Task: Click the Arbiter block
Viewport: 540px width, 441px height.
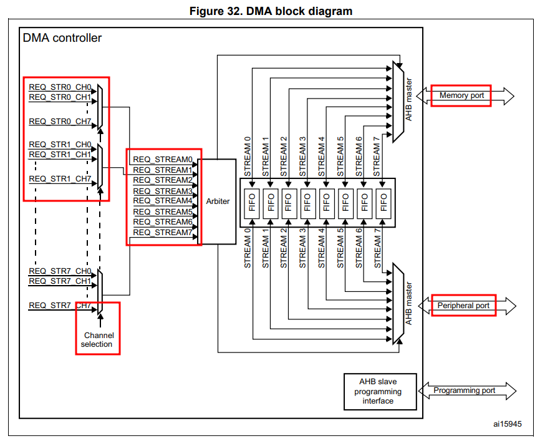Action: [x=217, y=201]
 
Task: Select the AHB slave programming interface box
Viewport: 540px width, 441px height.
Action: [x=380, y=391]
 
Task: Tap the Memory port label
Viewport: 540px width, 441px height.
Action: [x=461, y=95]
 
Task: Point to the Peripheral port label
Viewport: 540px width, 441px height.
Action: [x=463, y=306]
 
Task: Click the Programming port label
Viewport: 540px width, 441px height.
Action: [x=464, y=390]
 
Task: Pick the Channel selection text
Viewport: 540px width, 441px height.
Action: [x=98, y=340]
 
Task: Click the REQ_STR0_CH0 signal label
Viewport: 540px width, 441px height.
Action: [x=60, y=87]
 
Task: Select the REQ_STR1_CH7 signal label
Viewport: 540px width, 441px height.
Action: [x=60, y=179]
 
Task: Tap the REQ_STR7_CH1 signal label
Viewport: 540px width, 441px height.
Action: [x=60, y=281]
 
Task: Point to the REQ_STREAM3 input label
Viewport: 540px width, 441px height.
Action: [x=163, y=191]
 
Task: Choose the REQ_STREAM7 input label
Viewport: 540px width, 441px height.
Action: [x=163, y=233]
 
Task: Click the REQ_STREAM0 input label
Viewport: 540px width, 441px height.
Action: [x=163, y=160]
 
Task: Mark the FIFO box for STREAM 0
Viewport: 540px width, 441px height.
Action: [x=252, y=203]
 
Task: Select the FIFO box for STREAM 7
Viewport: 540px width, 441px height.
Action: [x=383, y=203]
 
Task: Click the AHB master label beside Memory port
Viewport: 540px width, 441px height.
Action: [x=408, y=100]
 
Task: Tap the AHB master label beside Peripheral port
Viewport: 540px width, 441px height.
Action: [x=408, y=304]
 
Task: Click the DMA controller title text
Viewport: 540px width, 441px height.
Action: [x=62, y=38]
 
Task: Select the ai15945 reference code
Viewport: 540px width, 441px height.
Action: [x=508, y=424]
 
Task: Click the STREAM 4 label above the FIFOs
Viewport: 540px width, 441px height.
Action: [x=321, y=157]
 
